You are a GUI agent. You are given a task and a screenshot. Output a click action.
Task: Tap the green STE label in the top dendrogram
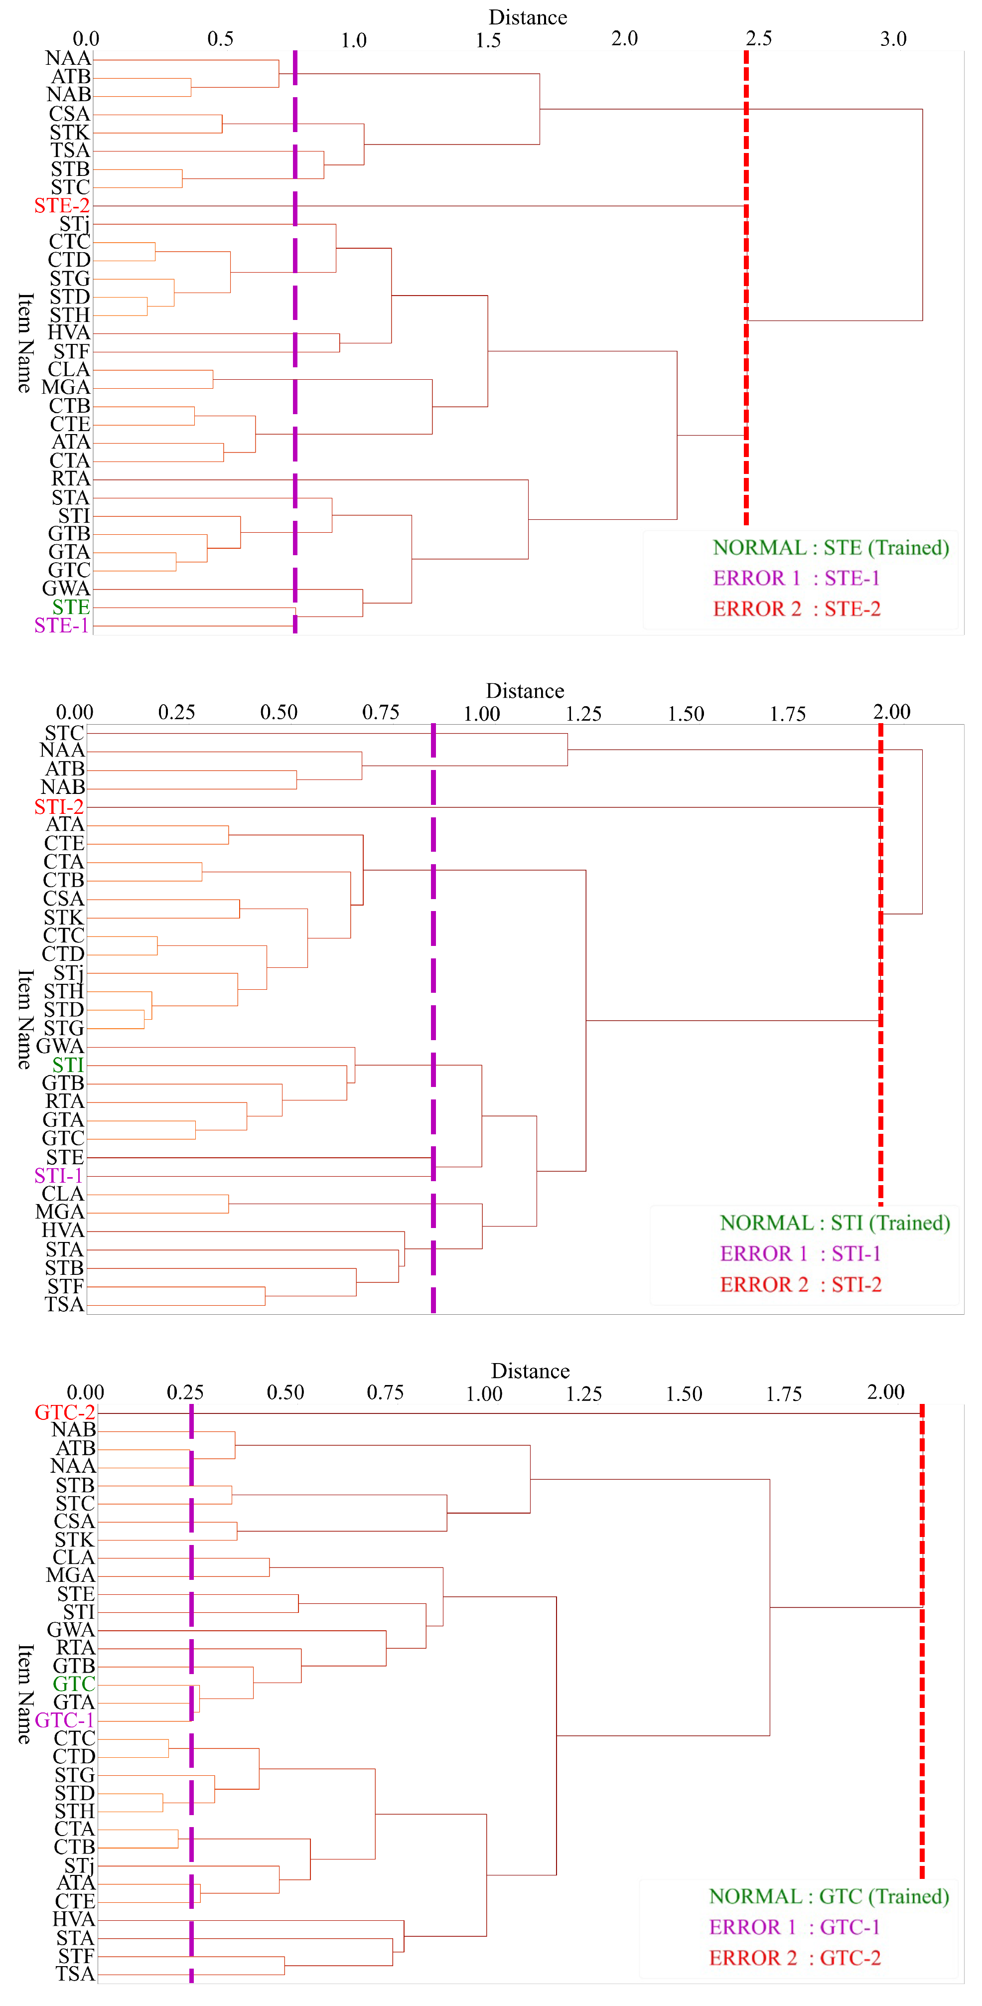(x=71, y=607)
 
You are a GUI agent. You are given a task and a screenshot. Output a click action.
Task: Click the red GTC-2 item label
(x=65, y=1412)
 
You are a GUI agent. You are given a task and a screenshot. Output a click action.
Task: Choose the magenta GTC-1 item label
(x=65, y=1719)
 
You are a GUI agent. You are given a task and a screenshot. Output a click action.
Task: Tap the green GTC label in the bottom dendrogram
(x=73, y=1683)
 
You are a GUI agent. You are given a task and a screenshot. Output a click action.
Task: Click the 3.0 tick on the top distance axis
(x=893, y=39)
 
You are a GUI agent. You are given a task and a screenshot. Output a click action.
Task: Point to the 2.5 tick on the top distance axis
(x=758, y=39)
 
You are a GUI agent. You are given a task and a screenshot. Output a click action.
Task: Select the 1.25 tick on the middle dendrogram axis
(x=583, y=713)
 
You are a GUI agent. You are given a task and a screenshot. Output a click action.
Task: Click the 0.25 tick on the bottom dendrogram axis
(x=185, y=1392)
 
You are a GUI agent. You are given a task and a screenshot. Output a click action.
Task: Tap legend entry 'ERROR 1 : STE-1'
(x=796, y=578)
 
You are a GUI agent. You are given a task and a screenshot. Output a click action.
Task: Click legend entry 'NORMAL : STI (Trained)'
(x=835, y=1223)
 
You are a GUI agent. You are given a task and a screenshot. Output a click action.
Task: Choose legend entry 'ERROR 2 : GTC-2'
(x=794, y=1958)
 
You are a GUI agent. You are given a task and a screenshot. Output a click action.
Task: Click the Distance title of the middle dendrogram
(x=525, y=691)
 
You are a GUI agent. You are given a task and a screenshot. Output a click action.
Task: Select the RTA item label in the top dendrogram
(x=71, y=478)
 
